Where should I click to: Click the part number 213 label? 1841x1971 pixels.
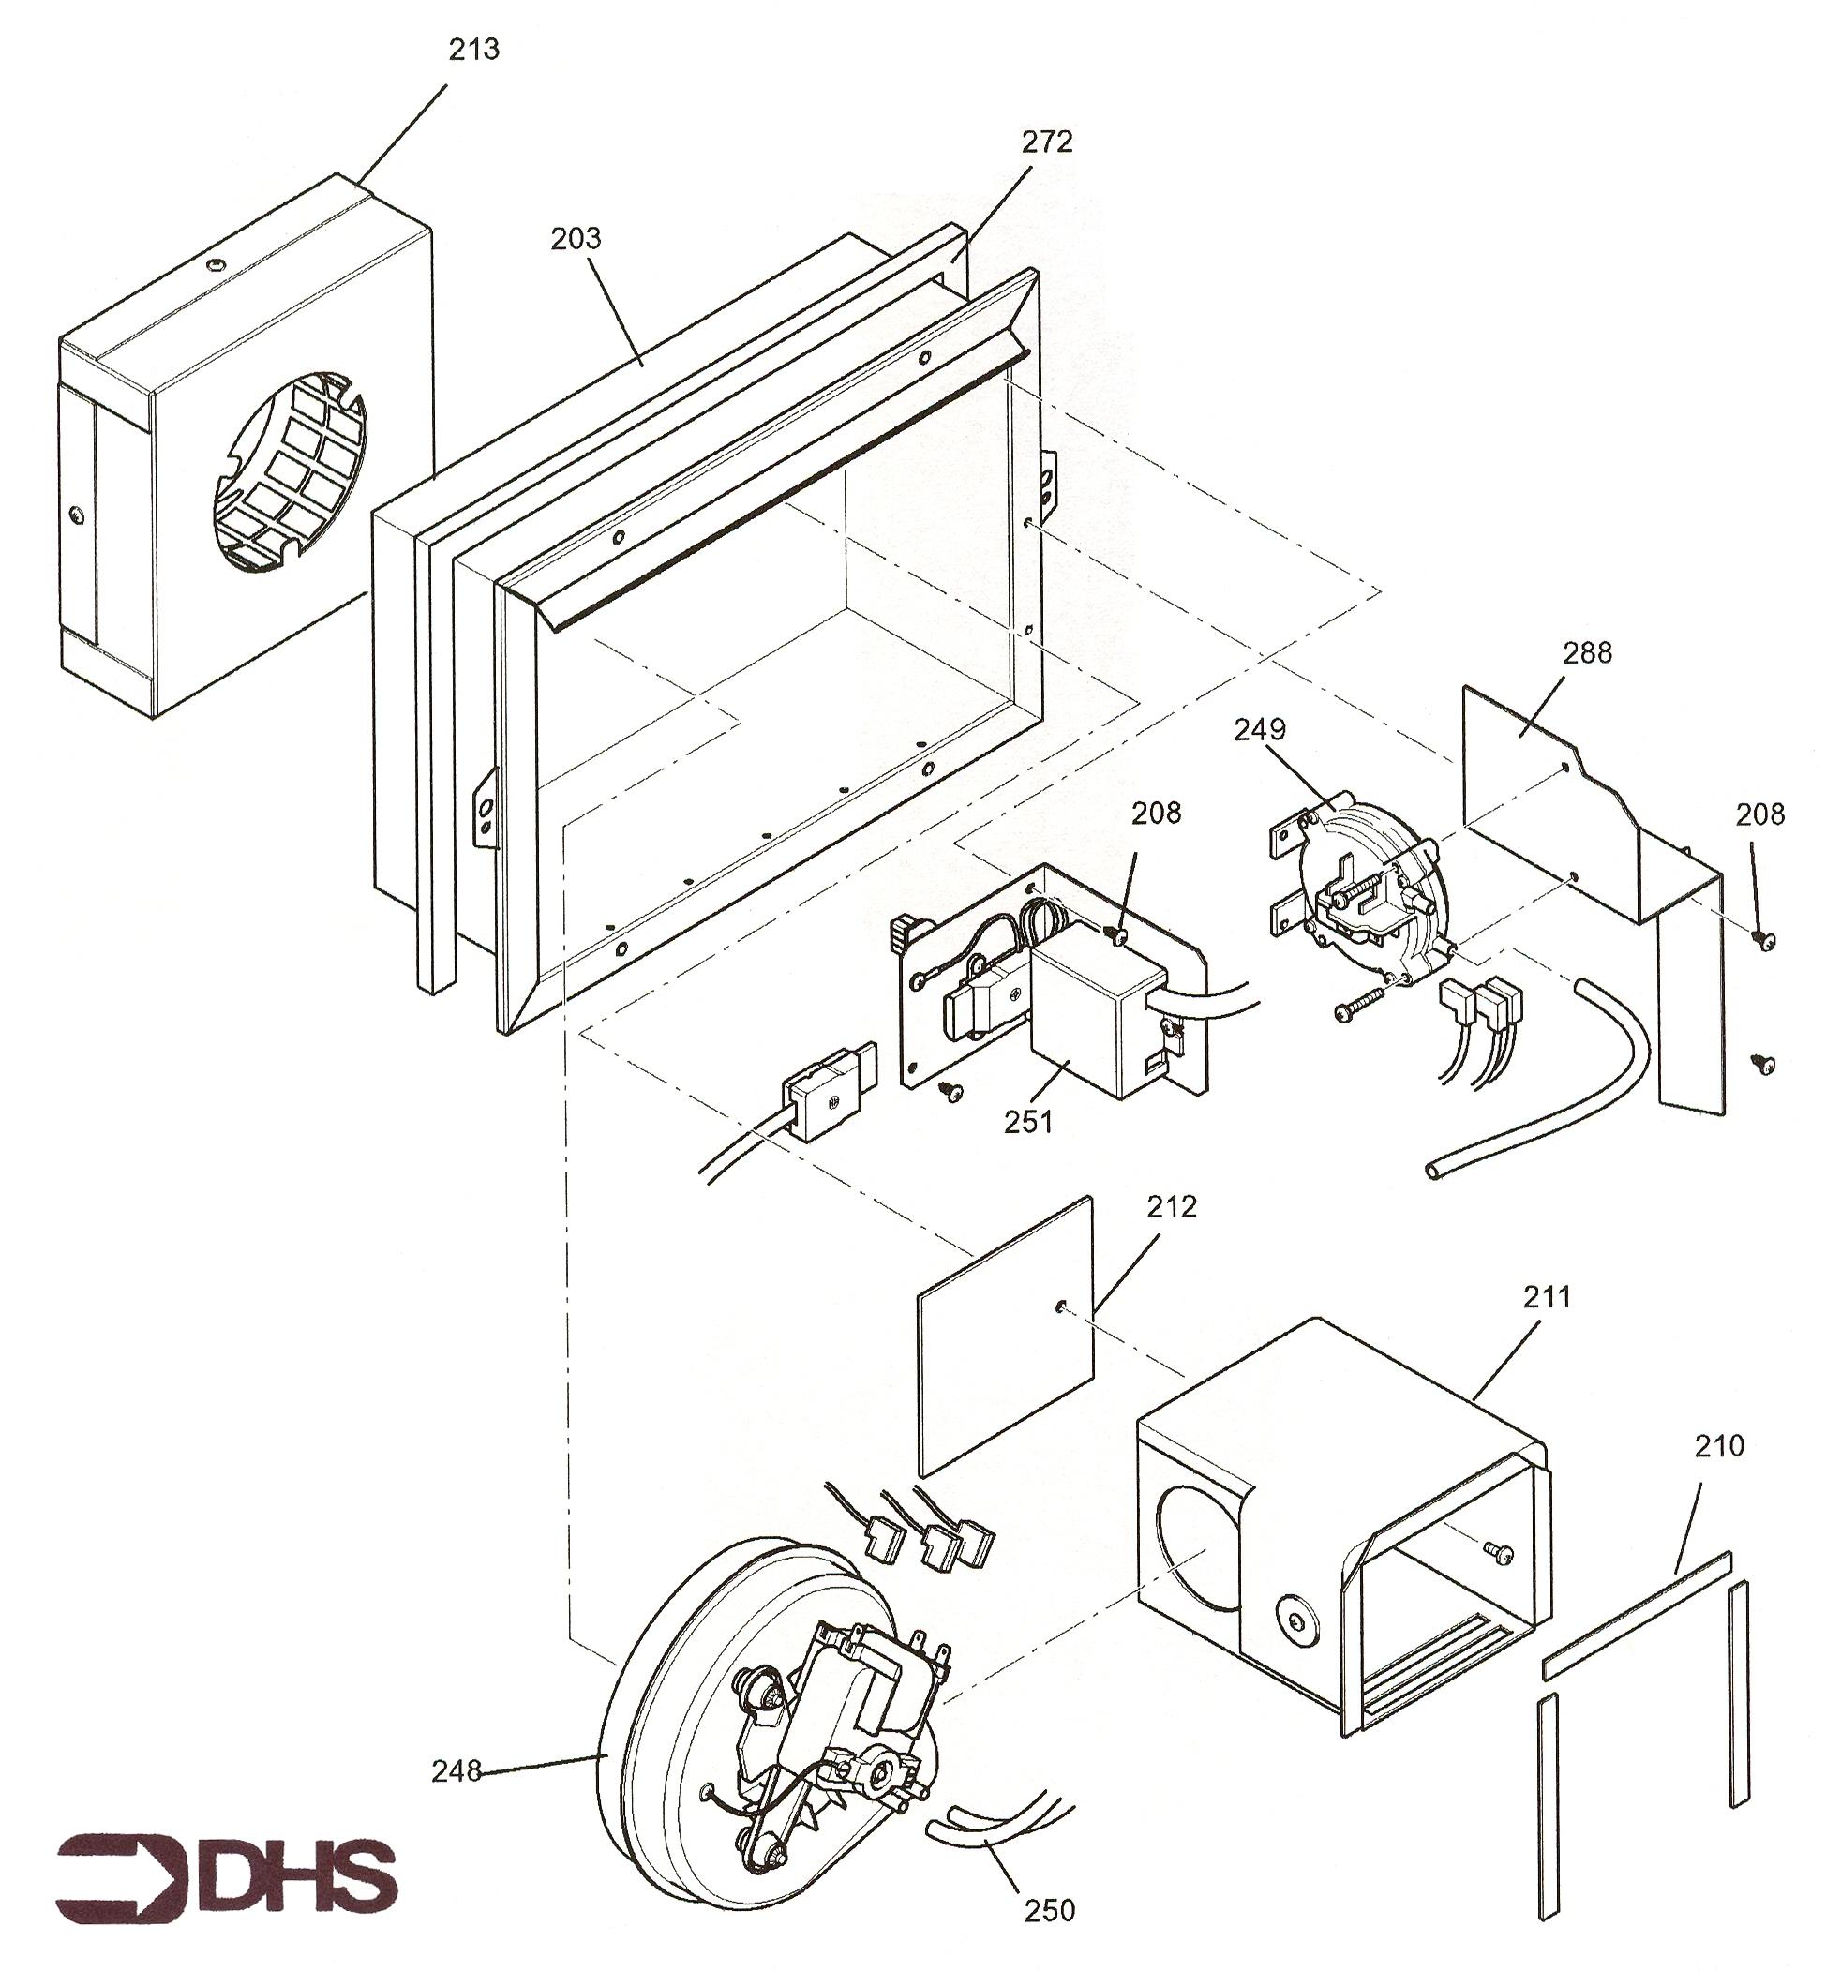click(474, 50)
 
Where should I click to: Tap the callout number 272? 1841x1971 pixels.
click(1047, 142)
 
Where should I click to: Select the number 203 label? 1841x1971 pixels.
click(576, 238)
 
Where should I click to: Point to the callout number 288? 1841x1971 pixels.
click(1587, 652)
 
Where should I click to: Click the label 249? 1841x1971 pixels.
click(1259, 729)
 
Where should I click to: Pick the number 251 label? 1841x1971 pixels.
click(1028, 1122)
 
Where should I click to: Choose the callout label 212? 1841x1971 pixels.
click(1172, 1205)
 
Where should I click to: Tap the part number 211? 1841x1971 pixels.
click(1546, 1296)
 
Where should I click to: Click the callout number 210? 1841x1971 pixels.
click(1719, 1445)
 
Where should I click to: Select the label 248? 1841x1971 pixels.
click(457, 1769)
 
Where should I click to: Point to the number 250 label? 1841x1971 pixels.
click(1049, 1909)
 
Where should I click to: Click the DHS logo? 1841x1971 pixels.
click(226, 1874)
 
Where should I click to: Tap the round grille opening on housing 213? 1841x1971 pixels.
click(288, 474)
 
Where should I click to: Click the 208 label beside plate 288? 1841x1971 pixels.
click(1759, 814)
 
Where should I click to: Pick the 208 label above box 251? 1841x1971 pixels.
click(1156, 812)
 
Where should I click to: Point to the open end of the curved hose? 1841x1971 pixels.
click(1432, 1170)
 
